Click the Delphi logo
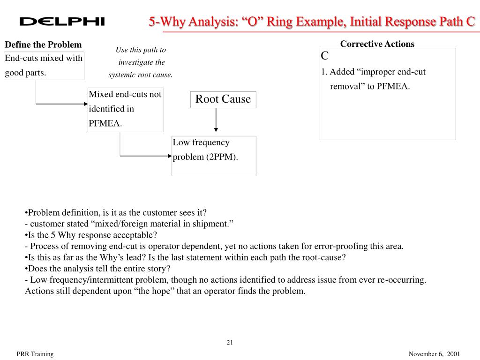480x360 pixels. click(x=62, y=22)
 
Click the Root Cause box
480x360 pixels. click(x=223, y=99)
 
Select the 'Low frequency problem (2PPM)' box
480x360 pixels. click(x=214, y=156)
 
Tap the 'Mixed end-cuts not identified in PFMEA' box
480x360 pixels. click(x=126, y=109)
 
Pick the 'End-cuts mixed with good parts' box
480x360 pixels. click(x=44, y=66)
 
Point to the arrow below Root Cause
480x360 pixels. click(x=216, y=120)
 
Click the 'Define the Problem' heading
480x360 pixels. click(x=43, y=45)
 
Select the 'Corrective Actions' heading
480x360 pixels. click(x=377, y=44)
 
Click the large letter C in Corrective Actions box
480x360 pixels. click(x=325, y=56)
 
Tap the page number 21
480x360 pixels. click(x=230, y=342)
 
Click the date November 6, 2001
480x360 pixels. click(x=434, y=354)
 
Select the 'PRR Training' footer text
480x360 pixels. click(x=35, y=354)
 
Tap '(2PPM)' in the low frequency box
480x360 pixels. click(x=221, y=157)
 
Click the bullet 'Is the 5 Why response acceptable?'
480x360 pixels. click(x=91, y=235)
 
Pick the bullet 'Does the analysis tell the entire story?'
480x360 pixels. click(x=98, y=269)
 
